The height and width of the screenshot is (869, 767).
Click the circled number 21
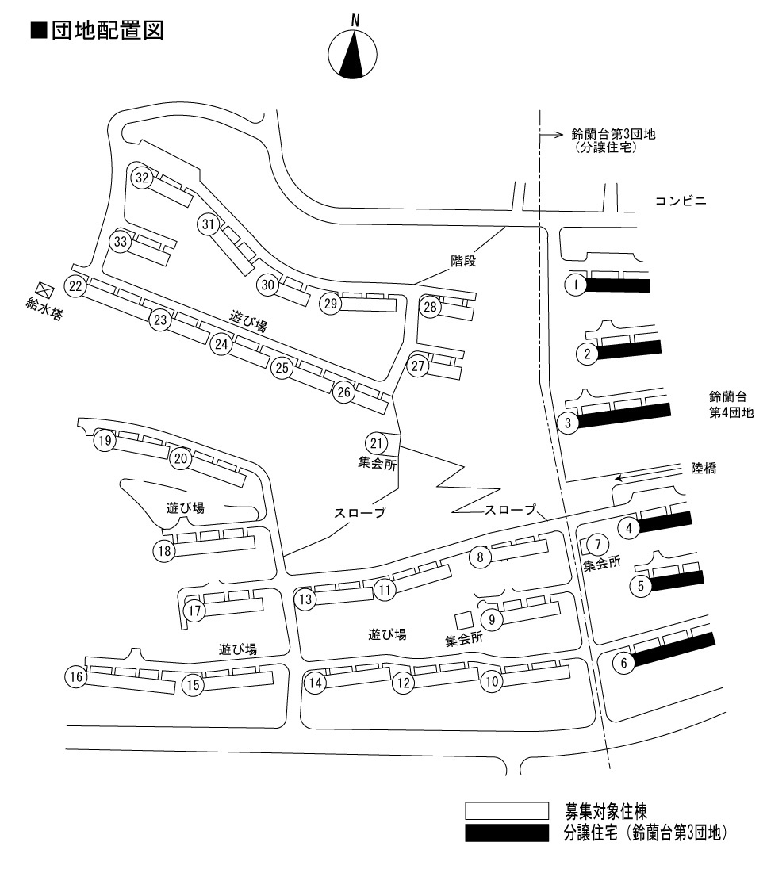pyautogui.click(x=377, y=442)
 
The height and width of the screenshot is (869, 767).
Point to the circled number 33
pyautogui.click(x=121, y=243)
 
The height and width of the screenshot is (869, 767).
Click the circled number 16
pyautogui.click(x=76, y=676)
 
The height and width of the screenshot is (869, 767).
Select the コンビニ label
pyautogui.click(x=681, y=201)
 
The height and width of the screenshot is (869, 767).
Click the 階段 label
pyautogui.click(x=463, y=259)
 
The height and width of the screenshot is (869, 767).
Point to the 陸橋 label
pyautogui.click(x=704, y=469)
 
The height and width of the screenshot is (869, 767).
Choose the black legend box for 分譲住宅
pyautogui.click(x=506, y=833)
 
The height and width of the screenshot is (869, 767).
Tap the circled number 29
pyautogui.click(x=331, y=303)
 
